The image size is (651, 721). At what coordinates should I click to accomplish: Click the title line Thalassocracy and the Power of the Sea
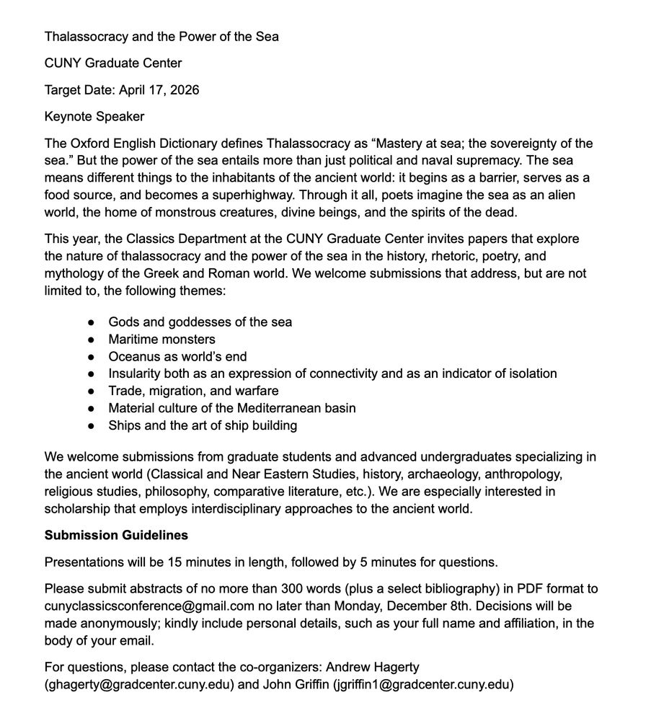161,36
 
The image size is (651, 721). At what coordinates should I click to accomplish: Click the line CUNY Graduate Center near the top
113,63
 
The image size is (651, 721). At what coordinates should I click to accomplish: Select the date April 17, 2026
159,90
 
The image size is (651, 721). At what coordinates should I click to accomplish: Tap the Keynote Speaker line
94,117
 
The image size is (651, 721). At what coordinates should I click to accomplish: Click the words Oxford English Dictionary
139,143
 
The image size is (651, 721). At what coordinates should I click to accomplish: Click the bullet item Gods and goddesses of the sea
200,322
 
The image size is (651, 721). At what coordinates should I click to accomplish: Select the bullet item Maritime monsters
161,339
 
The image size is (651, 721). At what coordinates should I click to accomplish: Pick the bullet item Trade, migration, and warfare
193,391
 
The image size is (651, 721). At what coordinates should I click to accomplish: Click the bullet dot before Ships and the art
92,426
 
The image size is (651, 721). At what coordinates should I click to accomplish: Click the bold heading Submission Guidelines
116,536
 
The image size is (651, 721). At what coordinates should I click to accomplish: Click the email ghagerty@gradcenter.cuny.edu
139,685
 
